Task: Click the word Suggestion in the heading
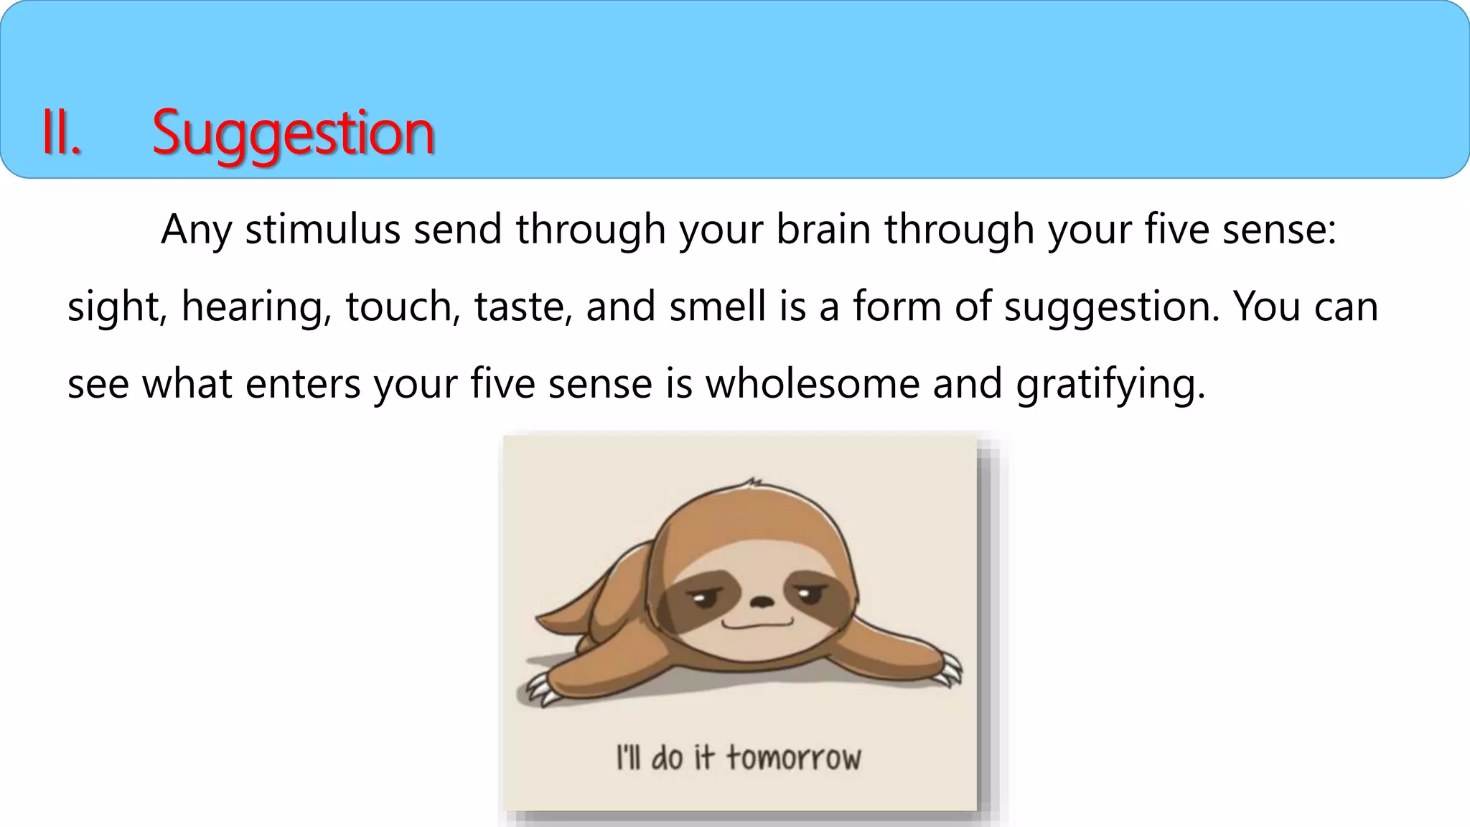(x=293, y=134)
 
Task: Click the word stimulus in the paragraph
(x=322, y=230)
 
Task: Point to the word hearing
(x=256, y=307)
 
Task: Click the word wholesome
(x=813, y=384)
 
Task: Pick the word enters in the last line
(x=303, y=384)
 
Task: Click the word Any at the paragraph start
(x=196, y=231)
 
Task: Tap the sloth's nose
(x=760, y=601)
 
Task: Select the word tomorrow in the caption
(x=793, y=758)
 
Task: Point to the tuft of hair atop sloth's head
(x=752, y=483)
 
